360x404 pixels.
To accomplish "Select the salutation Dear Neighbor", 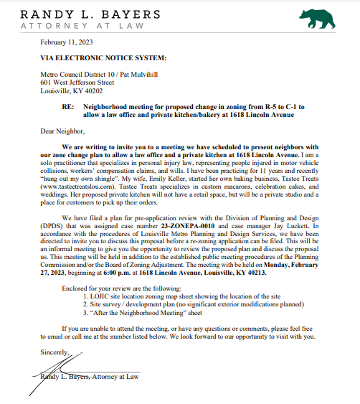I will coord(62,131).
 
